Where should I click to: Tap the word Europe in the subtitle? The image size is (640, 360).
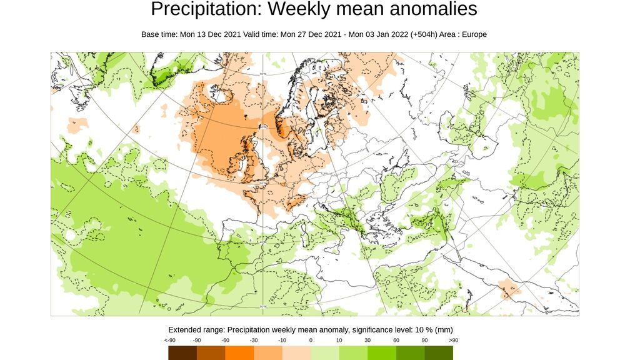pos(472,34)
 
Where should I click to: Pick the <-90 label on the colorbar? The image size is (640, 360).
pos(169,340)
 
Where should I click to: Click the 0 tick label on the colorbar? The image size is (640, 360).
pos(311,340)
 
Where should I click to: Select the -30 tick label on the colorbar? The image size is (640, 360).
pos(254,340)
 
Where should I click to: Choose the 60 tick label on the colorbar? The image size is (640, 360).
pos(396,340)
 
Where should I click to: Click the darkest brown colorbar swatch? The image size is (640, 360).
pos(182,353)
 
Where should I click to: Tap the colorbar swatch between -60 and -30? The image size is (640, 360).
pos(239,353)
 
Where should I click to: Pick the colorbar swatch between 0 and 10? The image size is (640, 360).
pos(325,353)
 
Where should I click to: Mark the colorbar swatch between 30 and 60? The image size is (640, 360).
pos(382,353)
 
